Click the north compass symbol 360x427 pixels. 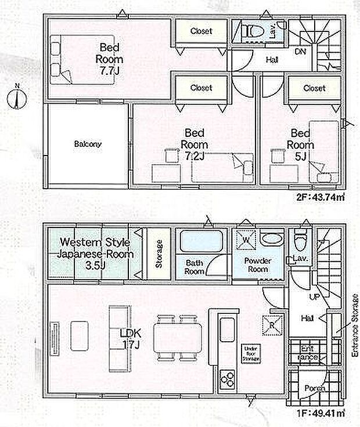tap(16, 97)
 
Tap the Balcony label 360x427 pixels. tap(88, 144)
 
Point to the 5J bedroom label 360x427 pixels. tap(303, 144)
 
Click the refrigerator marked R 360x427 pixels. tap(271, 323)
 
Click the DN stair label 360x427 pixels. tap(301, 52)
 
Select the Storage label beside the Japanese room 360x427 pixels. tap(159, 254)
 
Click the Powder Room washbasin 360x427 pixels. tap(271, 238)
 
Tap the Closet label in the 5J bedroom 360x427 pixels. tap(314, 89)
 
